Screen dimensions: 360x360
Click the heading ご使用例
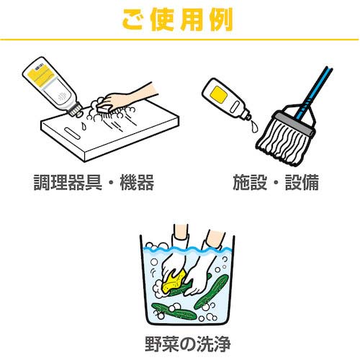click(x=178, y=19)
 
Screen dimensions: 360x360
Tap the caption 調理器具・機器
click(x=94, y=182)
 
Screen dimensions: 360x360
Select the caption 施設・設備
click(x=276, y=182)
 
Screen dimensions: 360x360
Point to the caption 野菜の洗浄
click(x=188, y=344)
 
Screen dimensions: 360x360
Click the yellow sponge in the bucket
click(x=174, y=281)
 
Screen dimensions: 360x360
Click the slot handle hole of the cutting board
click(x=72, y=133)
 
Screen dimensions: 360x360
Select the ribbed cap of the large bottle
click(x=75, y=109)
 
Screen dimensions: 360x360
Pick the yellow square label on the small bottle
click(x=219, y=94)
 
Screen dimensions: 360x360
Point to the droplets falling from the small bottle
click(x=253, y=126)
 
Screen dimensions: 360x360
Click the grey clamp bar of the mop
click(x=294, y=125)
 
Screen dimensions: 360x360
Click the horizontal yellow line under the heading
click(x=179, y=39)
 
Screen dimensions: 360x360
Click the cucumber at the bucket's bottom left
click(x=174, y=311)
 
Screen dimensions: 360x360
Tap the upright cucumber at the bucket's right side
click(x=211, y=291)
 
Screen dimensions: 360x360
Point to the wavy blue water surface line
click(x=187, y=250)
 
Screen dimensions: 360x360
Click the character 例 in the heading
click(x=221, y=19)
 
